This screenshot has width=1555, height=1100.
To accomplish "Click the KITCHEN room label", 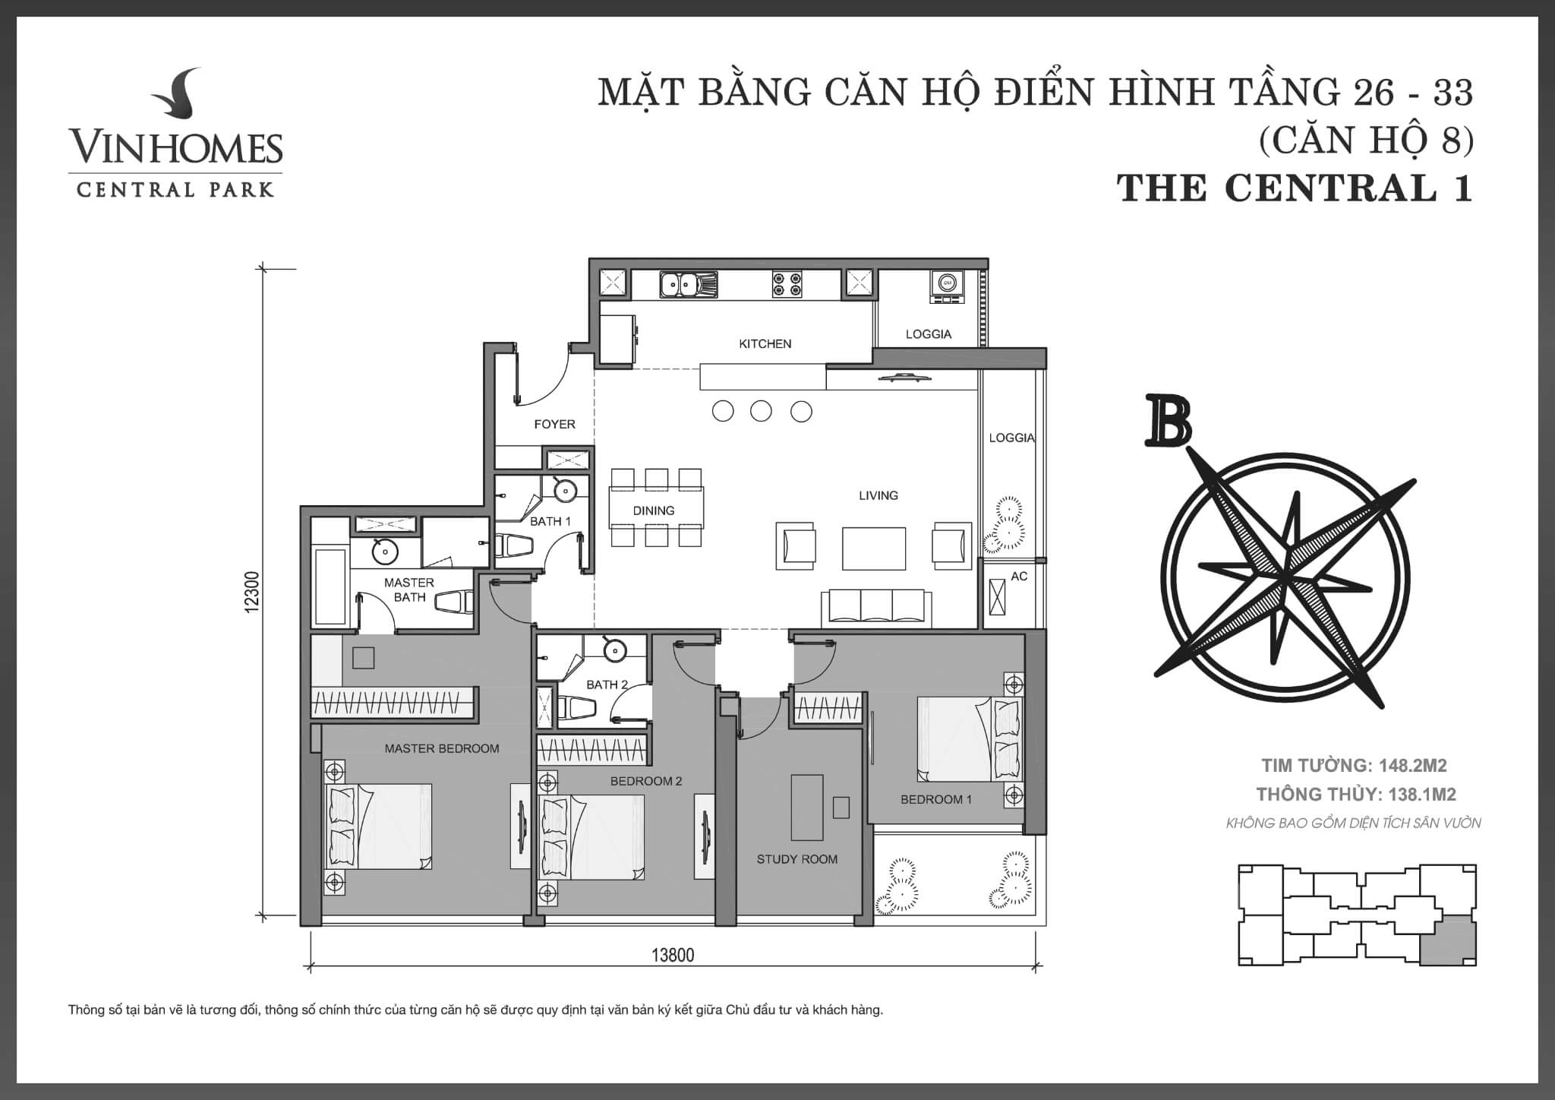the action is point(765,344).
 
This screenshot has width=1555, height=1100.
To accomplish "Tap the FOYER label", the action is point(554,425).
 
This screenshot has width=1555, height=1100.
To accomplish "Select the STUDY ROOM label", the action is point(797,859).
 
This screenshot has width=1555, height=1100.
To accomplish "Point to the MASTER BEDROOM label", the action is point(442,748).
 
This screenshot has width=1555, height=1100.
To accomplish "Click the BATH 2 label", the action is point(607,684).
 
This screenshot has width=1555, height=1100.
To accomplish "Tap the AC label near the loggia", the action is point(1019,577).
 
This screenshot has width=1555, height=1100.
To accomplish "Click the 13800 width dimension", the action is point(673,955).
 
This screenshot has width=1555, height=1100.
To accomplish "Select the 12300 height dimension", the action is point(253,592).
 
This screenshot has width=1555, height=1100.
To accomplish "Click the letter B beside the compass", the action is point(1168,420).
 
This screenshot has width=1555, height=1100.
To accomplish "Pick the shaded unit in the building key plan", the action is point(1448,939).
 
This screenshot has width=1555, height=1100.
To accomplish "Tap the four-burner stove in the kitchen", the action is point(787,284).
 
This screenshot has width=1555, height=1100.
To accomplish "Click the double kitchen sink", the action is point(688,284).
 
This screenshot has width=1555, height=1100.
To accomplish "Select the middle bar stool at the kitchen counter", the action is point(761,412).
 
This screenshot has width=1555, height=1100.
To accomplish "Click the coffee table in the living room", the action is point(874,548).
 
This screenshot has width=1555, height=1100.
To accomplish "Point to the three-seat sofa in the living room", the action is point(877,608).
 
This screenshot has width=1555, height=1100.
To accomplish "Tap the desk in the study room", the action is point(807,807).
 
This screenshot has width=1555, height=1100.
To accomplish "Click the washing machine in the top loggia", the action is point(946,286).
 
